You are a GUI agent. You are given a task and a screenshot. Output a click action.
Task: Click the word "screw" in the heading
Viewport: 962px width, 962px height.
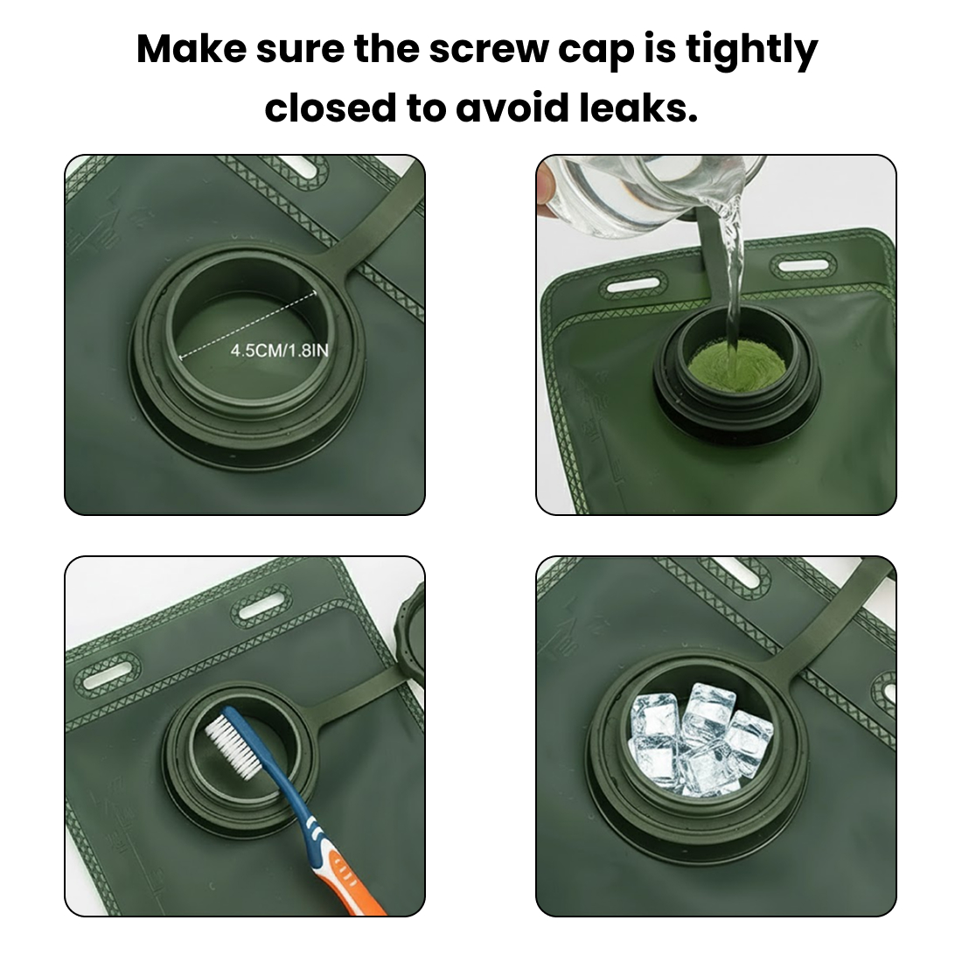[x=488, y=51]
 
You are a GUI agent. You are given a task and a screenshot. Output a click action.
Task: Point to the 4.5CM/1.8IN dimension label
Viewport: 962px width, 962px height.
[x=279, y=351]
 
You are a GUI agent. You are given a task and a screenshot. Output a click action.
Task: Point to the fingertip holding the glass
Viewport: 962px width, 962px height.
[x=546, y=181]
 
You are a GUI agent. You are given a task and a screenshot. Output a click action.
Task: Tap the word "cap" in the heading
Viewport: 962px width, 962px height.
[x=595, y=52]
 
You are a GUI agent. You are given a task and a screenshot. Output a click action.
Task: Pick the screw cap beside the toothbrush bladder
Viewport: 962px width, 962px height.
[x=411, y=633]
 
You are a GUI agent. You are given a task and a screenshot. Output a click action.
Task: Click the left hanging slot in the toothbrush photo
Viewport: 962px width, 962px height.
[x=108, y=673]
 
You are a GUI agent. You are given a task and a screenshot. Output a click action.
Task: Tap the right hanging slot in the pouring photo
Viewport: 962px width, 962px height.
[x=802, y=264]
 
